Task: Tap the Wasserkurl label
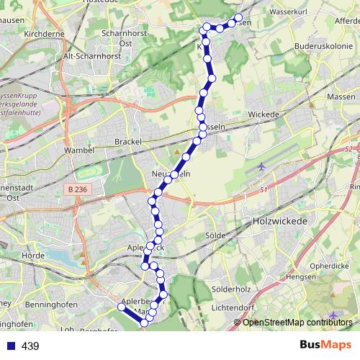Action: coord(289,13)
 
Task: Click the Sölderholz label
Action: coord(232,289)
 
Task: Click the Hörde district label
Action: coord(34,255)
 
